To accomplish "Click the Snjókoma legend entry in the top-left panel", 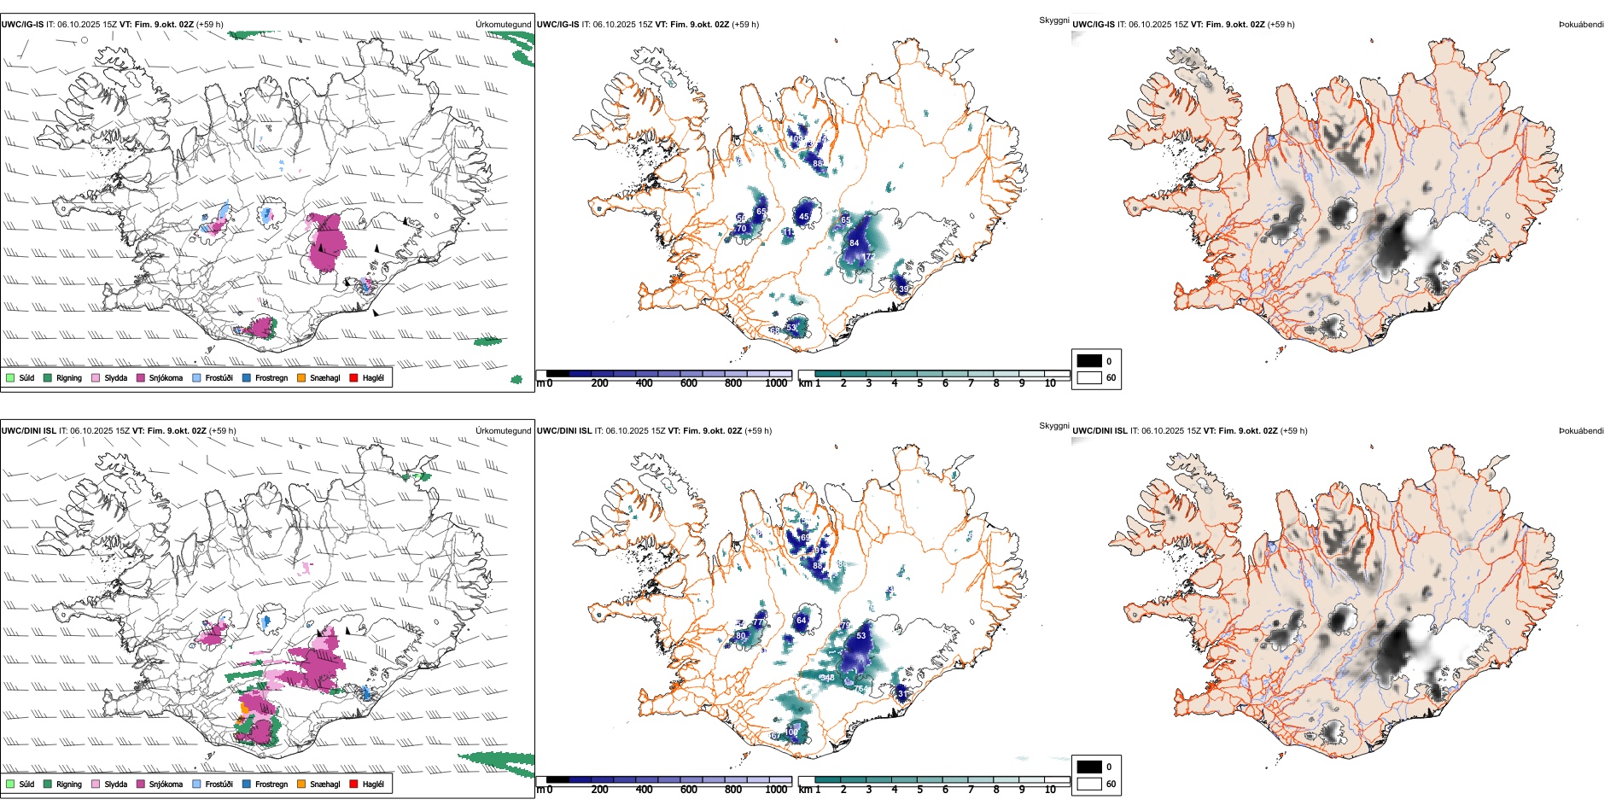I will (x=165, y=378).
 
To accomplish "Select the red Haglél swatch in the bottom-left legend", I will (x=354, y=784).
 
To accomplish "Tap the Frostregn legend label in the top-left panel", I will (x=271, y=378).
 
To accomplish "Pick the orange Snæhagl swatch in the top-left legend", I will (x=302, y=378).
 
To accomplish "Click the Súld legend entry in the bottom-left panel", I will (x=26, y=784).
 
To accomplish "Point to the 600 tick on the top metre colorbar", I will (x=689, y=383).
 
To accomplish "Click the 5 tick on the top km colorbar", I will (x=919, y=383).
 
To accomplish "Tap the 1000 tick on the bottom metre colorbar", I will (x=776, y=790).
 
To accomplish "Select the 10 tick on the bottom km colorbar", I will (x=1050, y=790).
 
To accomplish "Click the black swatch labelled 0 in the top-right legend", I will (x=1089, y=361).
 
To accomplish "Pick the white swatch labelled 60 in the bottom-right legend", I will (x=1089, y=784).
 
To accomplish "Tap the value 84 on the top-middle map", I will (x=854, y=243).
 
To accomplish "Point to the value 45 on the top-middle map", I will (x=803, y=217).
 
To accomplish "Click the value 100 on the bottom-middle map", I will (x=791, y=732).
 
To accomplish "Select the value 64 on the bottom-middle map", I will (x=801, y=621).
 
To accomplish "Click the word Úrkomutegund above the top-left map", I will (x=503, y=25).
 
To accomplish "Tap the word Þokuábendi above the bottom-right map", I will (x=1581, y=431).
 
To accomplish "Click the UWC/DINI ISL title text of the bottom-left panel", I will (x=28, y=431).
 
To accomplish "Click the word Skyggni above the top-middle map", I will (x=1053, y=20).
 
